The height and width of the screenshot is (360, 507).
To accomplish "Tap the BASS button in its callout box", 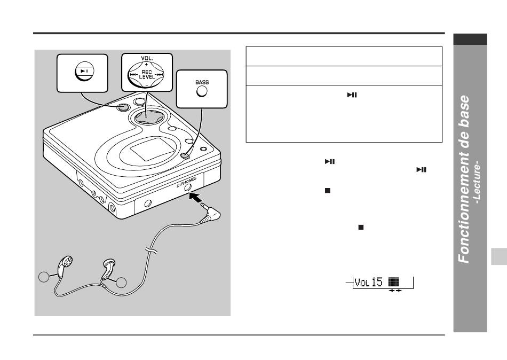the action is [x=202, y=92].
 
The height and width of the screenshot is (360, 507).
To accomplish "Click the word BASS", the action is [x=202, y=82].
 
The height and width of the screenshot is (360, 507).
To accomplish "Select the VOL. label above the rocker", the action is [x=147, y=58].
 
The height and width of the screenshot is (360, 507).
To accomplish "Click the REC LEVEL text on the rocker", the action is [x=146, y=75].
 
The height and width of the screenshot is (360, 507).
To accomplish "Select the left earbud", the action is [x=65, y=266].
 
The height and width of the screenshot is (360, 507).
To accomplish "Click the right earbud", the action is [x=108, y=268].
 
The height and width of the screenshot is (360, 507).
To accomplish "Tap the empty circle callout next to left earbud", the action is [x=44, y=277].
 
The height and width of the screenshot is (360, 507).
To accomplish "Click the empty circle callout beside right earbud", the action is [x=121, y=283].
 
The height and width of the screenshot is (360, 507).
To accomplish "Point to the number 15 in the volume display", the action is [x=377, y=283].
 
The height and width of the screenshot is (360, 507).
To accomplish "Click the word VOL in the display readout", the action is [x=362, y=283].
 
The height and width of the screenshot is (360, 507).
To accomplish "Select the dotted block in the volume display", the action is [x=393, y=281].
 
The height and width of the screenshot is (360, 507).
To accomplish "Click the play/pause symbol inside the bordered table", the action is [x=352, y=95].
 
